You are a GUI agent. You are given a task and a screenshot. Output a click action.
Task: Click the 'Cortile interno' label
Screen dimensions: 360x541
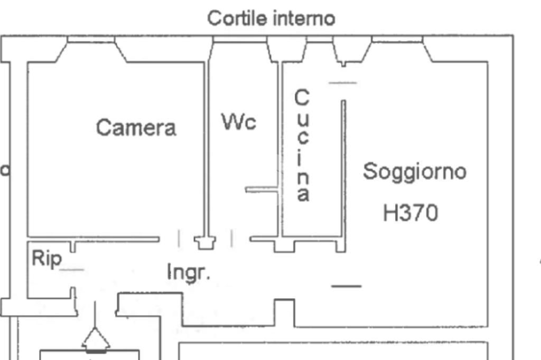[271, 18]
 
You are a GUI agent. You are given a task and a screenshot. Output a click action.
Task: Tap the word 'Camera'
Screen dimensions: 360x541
[136, 128]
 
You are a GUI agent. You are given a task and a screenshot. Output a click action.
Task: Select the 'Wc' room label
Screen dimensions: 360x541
[238, 122]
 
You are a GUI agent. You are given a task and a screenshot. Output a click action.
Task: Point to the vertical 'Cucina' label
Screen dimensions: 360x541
[302, 146]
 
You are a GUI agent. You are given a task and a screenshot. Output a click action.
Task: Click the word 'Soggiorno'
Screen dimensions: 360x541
[415, 172]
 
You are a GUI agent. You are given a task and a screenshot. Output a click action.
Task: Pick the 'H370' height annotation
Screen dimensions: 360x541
[411, 213]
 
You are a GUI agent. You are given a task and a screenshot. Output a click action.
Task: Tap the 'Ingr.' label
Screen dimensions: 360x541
[189, 272]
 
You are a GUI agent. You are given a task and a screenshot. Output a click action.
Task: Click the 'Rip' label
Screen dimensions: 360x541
[46, 259]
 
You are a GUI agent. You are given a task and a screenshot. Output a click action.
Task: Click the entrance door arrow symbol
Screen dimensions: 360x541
[96, 338]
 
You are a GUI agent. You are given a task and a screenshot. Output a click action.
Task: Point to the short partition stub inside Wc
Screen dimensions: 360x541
[262, 189]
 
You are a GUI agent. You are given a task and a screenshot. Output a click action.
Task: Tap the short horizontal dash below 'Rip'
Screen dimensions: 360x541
[72, 270]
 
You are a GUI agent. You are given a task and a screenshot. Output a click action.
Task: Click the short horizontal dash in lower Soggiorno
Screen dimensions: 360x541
[346, 286]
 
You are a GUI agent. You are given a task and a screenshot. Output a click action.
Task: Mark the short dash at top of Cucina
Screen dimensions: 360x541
[342, 82]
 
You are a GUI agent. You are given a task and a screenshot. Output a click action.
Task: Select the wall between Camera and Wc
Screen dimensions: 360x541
[207, 148]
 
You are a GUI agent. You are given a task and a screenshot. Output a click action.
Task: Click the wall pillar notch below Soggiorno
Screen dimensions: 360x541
[285, 312]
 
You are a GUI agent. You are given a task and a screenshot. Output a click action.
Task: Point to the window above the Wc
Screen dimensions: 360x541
[239, 40]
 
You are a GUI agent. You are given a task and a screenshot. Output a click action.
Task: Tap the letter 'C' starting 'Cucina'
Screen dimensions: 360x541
[301, 98]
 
